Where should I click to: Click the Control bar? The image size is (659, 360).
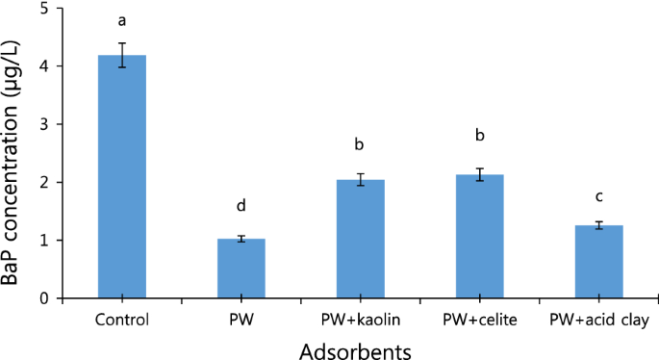click(122, 177)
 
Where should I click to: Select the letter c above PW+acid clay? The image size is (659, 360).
click(600, 196)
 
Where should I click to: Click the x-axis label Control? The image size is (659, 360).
click(122, 319)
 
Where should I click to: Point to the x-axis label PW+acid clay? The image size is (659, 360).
click(600, 319)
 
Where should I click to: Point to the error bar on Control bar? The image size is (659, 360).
click(122, 56)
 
